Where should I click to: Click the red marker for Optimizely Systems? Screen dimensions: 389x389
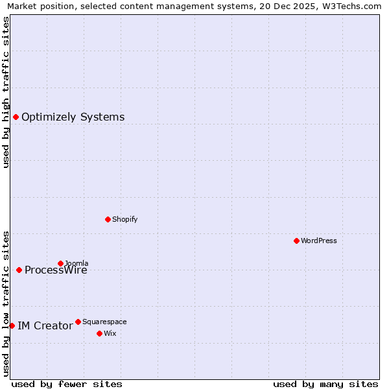click(16, 117)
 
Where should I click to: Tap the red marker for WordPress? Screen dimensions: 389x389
click(296, 241)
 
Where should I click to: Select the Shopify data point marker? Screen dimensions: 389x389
click(108, 219)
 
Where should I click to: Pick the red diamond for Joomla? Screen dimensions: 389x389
click(60, 263)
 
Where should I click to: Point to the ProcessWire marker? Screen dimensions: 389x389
click(19, 270)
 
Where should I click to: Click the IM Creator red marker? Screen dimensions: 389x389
click(12, 325)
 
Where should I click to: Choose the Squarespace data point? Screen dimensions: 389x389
click(78, 322)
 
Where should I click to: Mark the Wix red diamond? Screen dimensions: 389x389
click(99, 333)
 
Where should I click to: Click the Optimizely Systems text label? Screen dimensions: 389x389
click(73, 117)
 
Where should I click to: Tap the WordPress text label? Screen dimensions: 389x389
click(318, 241)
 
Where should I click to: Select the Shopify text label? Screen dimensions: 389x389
click(124, 219)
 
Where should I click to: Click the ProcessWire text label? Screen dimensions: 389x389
click(56, 270)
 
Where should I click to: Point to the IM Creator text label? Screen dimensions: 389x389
click(45, 326)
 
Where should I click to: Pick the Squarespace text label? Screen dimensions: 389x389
click(104, 322)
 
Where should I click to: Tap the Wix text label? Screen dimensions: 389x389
click(110, 333)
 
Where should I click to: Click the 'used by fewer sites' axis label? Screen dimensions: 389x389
click(67, 384)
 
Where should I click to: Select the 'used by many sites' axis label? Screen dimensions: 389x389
click(325, 384)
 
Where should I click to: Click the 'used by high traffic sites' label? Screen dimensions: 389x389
click(6, 91)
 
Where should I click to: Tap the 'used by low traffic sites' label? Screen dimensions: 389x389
click(6, 303)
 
